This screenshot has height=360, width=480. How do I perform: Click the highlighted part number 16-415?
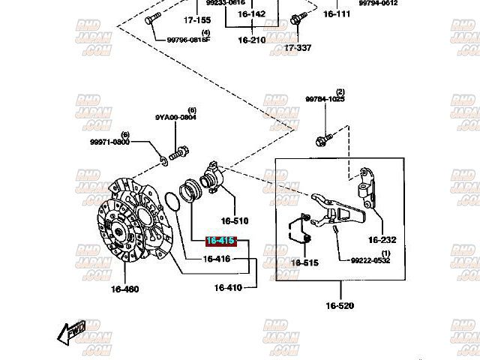click(220, 241)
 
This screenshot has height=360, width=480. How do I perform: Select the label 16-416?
click(217, 259)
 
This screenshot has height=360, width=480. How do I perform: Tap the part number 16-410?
click(229, 287)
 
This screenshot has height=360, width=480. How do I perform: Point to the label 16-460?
click(125, 289)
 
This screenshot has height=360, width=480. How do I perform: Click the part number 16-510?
click(234, 221)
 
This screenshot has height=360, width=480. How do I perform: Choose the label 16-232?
click(382, 240)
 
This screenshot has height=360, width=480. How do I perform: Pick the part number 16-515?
click(304, 262)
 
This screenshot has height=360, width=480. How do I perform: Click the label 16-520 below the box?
click(340, 305)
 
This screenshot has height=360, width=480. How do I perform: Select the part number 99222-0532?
click(370, 260)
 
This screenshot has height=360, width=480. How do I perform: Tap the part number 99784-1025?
click(325, 99)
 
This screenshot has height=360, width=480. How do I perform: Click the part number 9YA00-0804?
click(175, 118)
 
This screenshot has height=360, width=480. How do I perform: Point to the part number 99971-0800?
click(109, 141)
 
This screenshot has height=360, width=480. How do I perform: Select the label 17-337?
click(298, 48)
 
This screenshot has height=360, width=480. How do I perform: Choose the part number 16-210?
click(251, 40)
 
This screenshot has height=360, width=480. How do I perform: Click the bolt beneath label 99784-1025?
click(324, 139)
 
